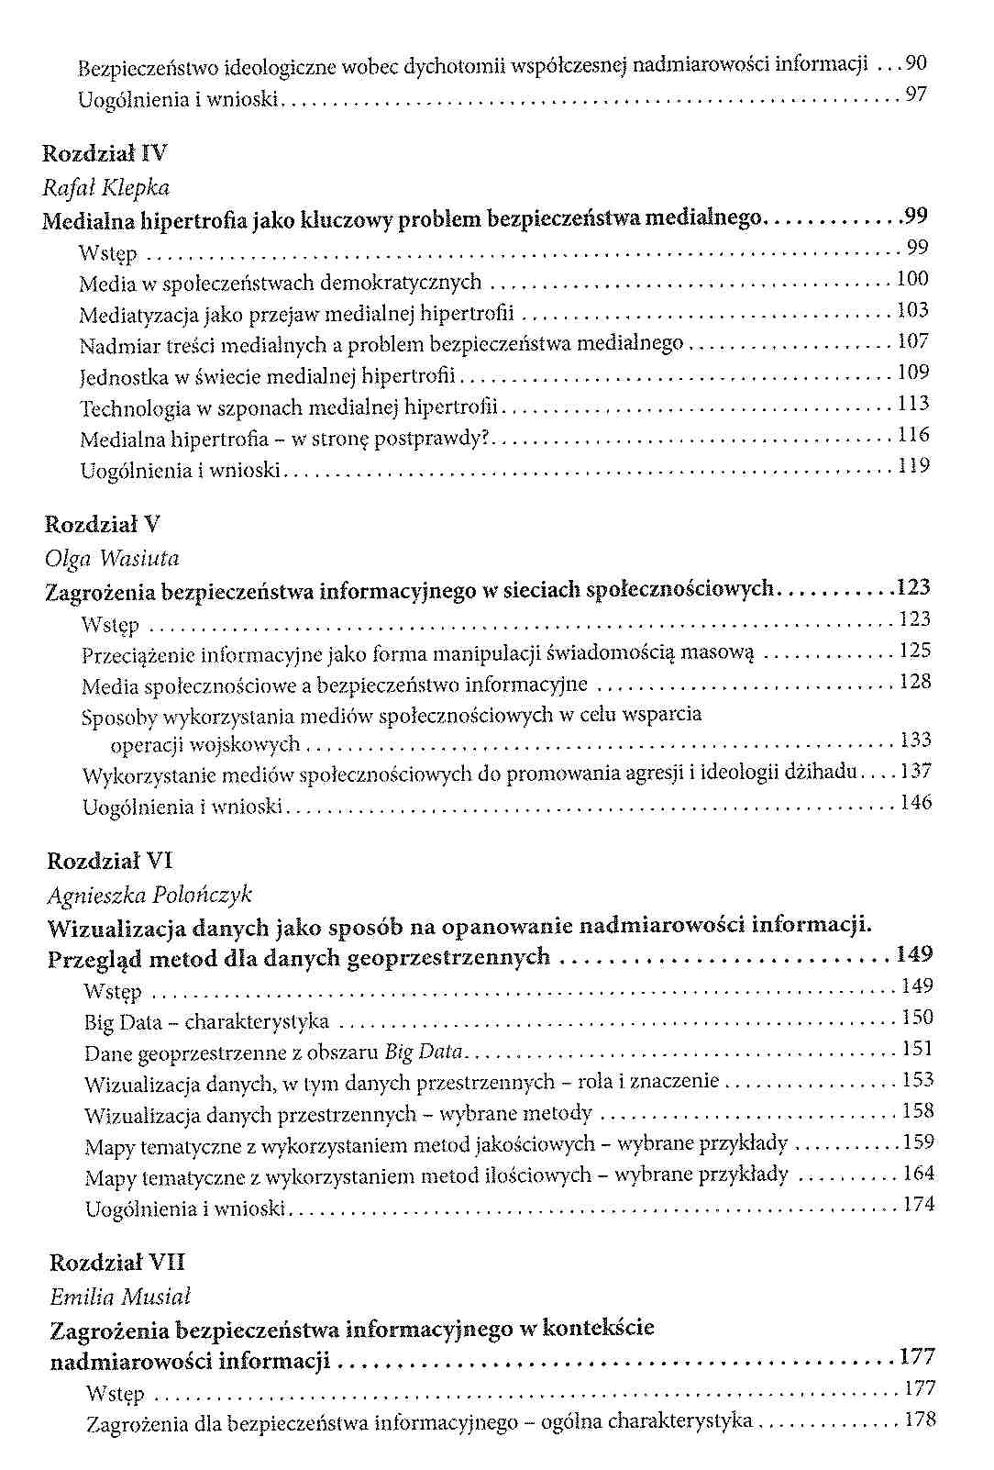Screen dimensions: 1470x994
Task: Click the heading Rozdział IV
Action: (x=105, y=153)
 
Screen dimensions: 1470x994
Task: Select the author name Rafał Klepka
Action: (x=105, y=187)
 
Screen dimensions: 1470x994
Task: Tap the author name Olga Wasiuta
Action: (x=112, y=558)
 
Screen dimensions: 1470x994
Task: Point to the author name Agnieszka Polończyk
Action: (x=149, y=894)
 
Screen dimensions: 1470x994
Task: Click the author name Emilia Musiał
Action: (x=119, y=1297)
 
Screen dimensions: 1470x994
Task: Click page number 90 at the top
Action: (x=915, y=63)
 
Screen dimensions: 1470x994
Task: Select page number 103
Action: (x=912, y=310)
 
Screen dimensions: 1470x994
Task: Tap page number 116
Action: (x=913, y=435)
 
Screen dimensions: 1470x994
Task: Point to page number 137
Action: (x=915, y=772)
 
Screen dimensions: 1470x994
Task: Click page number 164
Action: (x=918, y=1174)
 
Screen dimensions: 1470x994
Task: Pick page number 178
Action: (x=920, y=1420)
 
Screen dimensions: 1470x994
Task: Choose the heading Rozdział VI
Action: (x=110, y=861)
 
